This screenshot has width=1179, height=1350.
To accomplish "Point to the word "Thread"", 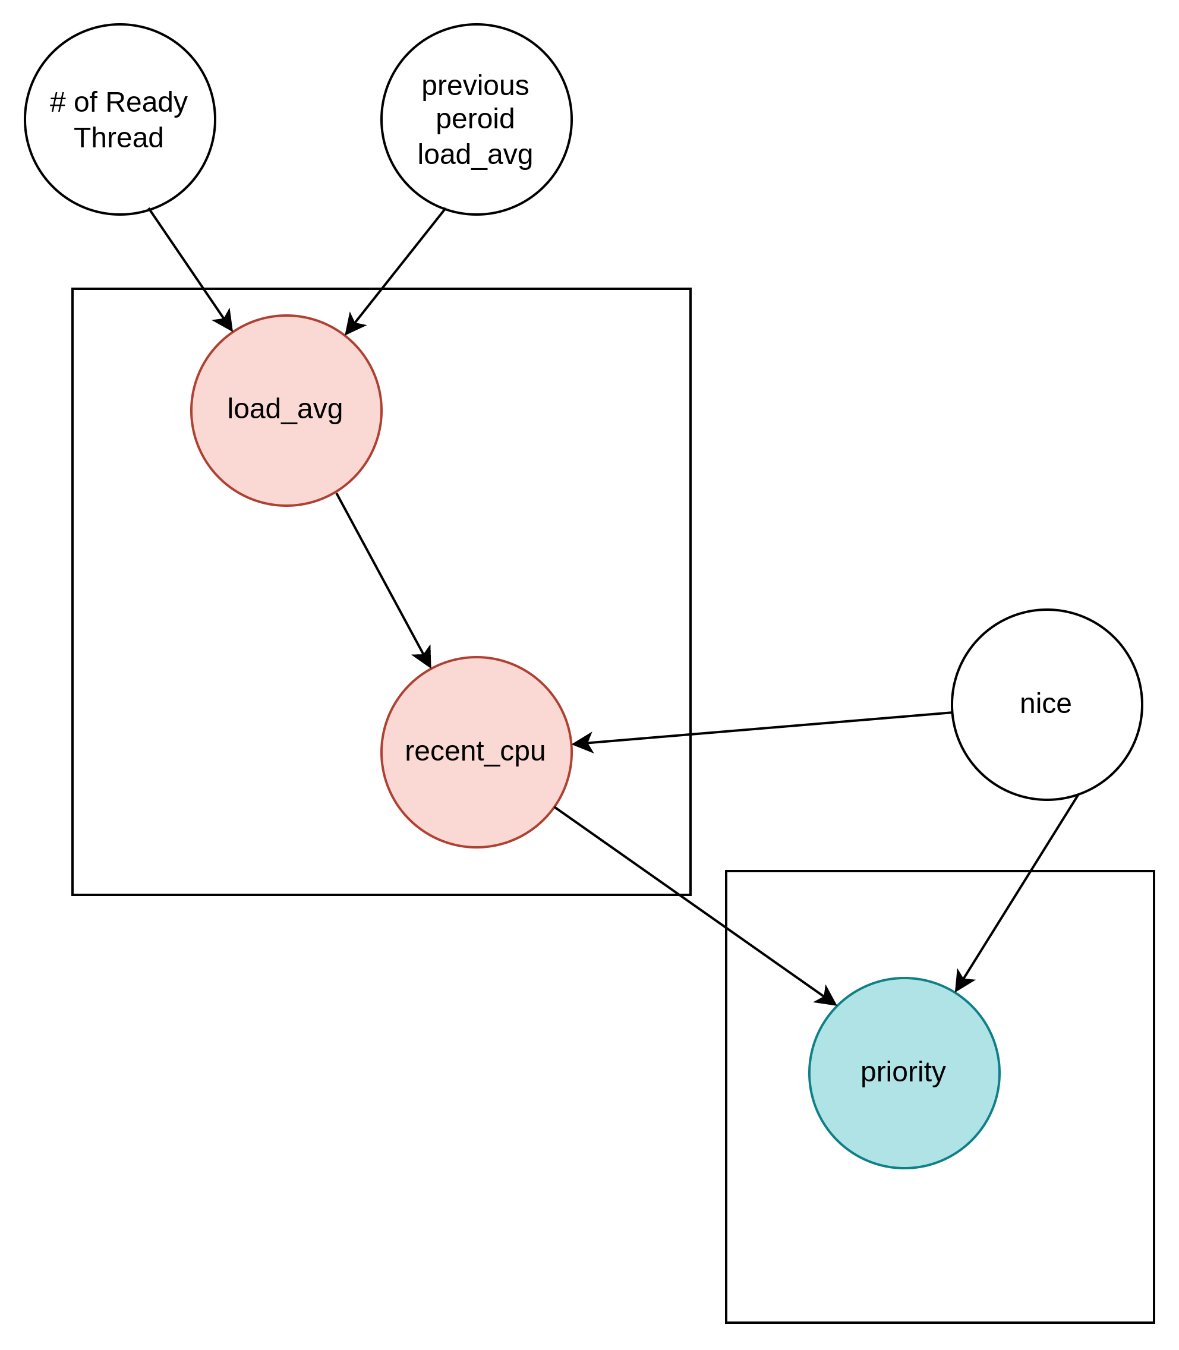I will [x=119, y=138].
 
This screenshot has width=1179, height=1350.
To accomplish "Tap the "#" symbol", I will [x=58, y=103].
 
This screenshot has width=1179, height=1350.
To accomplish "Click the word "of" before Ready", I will [x=86, y=103].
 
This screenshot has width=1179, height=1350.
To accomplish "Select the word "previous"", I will [x=475, y=86].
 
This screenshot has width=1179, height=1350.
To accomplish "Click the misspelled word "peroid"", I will [x=475, y=119].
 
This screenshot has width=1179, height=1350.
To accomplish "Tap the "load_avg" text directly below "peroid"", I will [x=475, y=154].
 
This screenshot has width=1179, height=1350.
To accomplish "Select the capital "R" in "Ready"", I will [x=114, y=103].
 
